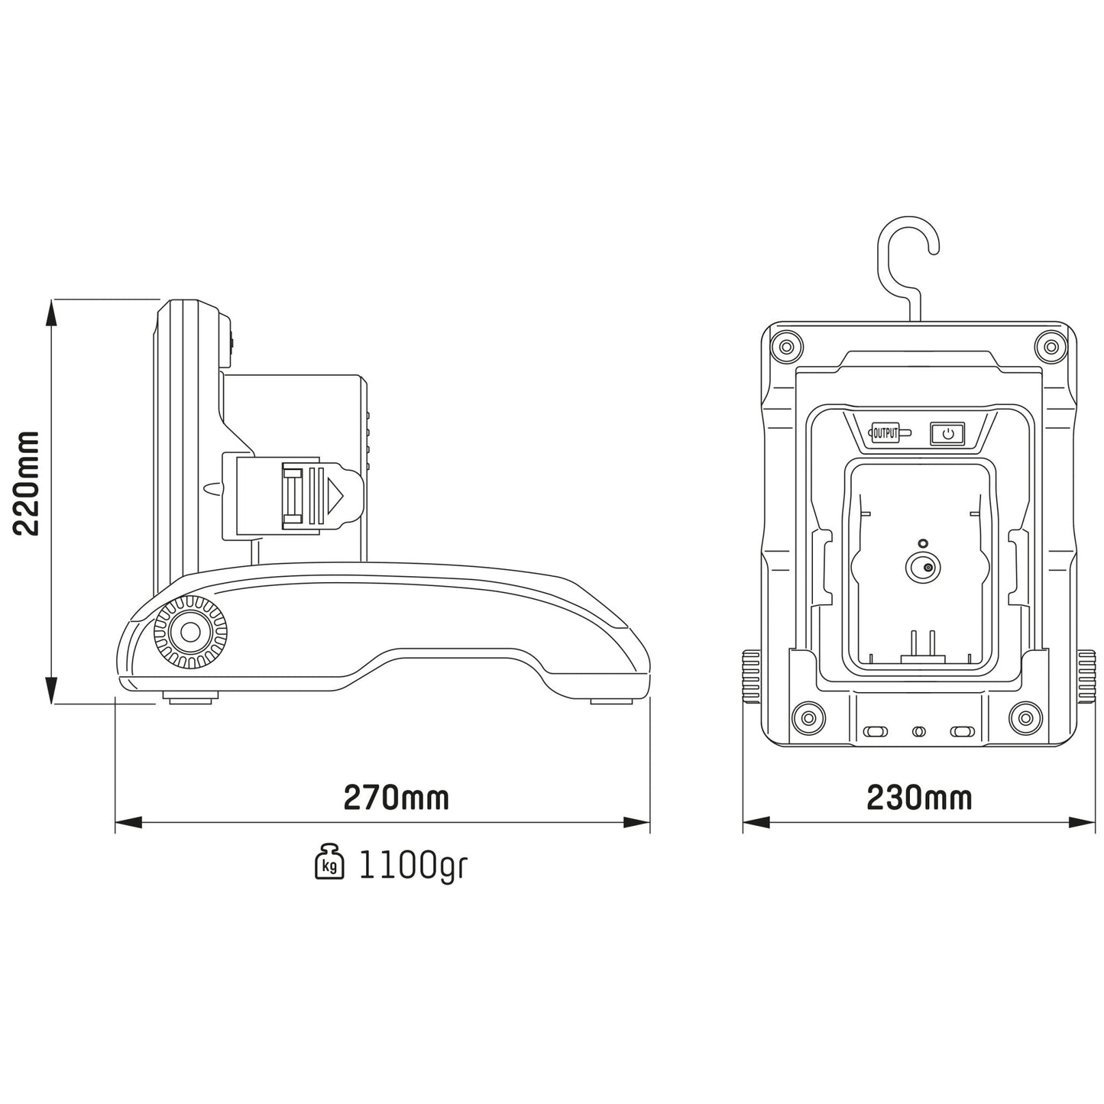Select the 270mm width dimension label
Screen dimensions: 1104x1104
[396, 798]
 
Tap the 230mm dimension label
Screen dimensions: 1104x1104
[919, 798]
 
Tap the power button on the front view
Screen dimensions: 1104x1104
[947, 434]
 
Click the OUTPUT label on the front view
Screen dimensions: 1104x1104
[885, 433]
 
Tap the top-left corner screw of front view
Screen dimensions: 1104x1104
[785, 348]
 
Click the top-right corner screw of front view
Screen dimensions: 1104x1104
[1051, 348]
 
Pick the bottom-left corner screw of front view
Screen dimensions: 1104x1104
[805, 717]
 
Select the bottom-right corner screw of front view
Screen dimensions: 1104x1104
[1025, 717]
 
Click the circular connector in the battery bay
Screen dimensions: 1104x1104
[923, 568]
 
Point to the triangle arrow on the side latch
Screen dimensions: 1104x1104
[335, 497]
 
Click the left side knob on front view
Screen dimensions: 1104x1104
[750, 676]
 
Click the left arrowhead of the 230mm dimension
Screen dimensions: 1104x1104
[755, 823]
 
